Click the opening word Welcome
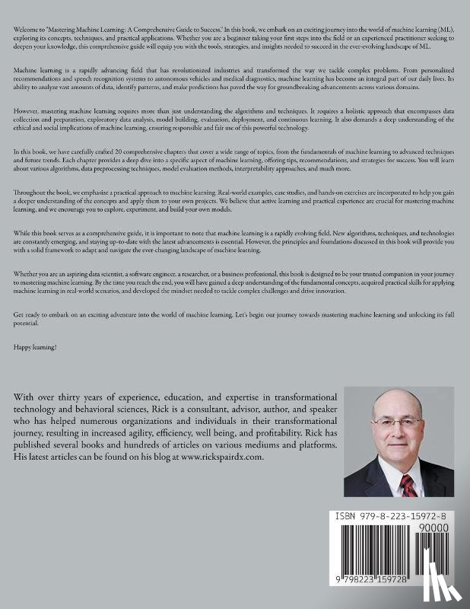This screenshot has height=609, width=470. tap(24, 28)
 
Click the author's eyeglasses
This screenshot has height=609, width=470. tap(402, 431)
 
